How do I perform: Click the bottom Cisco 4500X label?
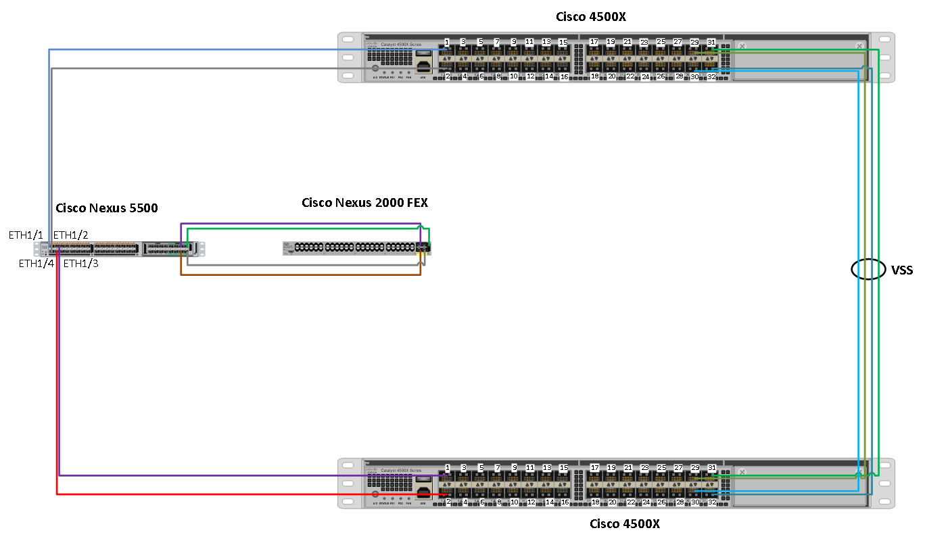pyautogui.click(x=624, y=523)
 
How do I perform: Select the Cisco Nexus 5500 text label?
pyautogui.click(x=106, y=208)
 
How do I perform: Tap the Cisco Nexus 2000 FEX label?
pyautogui.click(x=364, y=202)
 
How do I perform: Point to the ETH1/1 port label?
pyautogui.click(x=26, y=235)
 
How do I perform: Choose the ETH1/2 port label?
pyautogui.click(x=71, y=235)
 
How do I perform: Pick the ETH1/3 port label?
pyautogui.click(x=80, y=263)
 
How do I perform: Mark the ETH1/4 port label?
pyautogui.click(x=36, y=263)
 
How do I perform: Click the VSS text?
pyautogui.click(x=902, y=270)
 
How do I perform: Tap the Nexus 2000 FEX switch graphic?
pyautogui.click(x=352, y=247)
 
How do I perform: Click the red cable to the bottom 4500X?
pyautogui.click(x=203, y=494)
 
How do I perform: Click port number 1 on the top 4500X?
pyautogui.click(x=447, y=42)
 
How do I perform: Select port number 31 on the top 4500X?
pyautogui.click(x=711, y=42)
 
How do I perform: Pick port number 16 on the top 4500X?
pyautogui.click(x=565, y=77)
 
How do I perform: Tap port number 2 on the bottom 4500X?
pyautogui.click(x=448, y=502)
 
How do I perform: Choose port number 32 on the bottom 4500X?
pyautogui.click(x=712, y=502)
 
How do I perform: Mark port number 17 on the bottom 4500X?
pyautogui.click(x=594, y=467)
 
